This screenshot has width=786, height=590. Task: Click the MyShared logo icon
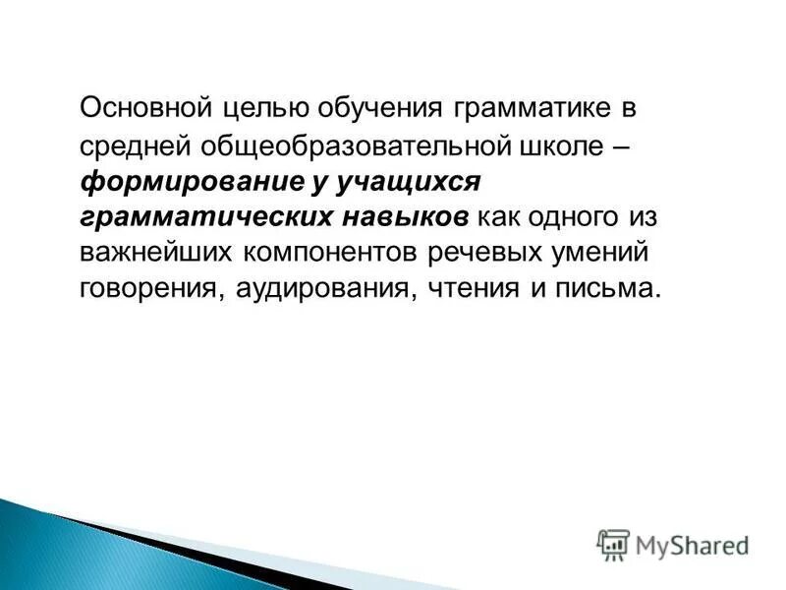pos(614,544)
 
